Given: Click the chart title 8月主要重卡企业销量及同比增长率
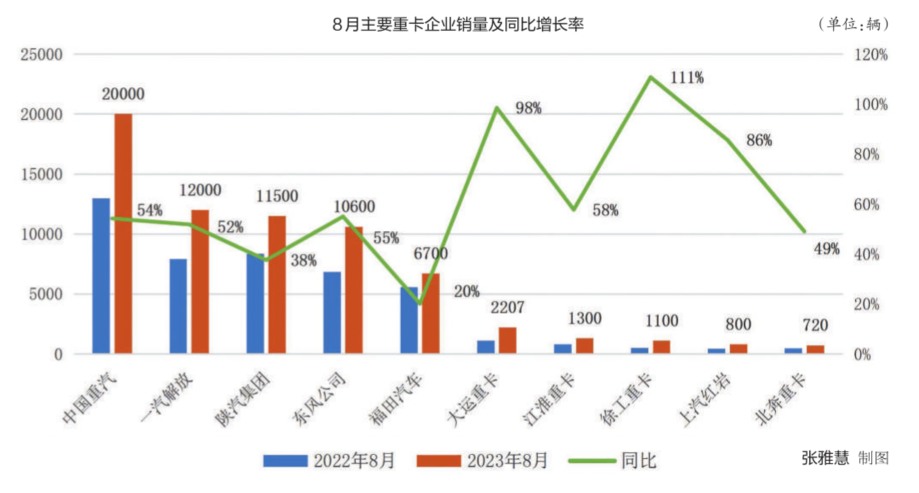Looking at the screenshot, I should (x=458, y=25).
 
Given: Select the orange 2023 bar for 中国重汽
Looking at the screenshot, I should (x=123, y=234).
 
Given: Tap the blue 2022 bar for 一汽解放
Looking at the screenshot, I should (x=178, y=306).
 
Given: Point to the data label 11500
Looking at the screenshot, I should (x=277, y=196).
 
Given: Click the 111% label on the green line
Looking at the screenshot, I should (x=687, y=78).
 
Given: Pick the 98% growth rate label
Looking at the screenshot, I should (x=528, y=108).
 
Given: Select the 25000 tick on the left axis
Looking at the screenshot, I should (x=42, y=54).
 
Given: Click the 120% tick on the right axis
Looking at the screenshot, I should (x=871, y=54).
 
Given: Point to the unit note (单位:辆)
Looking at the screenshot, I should (x=853, y=24).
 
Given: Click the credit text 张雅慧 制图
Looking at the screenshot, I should (x=845, y=458).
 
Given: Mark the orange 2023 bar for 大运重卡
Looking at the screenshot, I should (x=507, y=340).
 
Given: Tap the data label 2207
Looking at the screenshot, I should (x=507, y=307).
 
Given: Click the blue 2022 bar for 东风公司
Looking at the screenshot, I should (x=332, y=312).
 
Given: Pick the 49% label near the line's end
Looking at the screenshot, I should (x=826, y=249).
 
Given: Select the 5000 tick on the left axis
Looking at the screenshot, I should (x=46, y=294).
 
